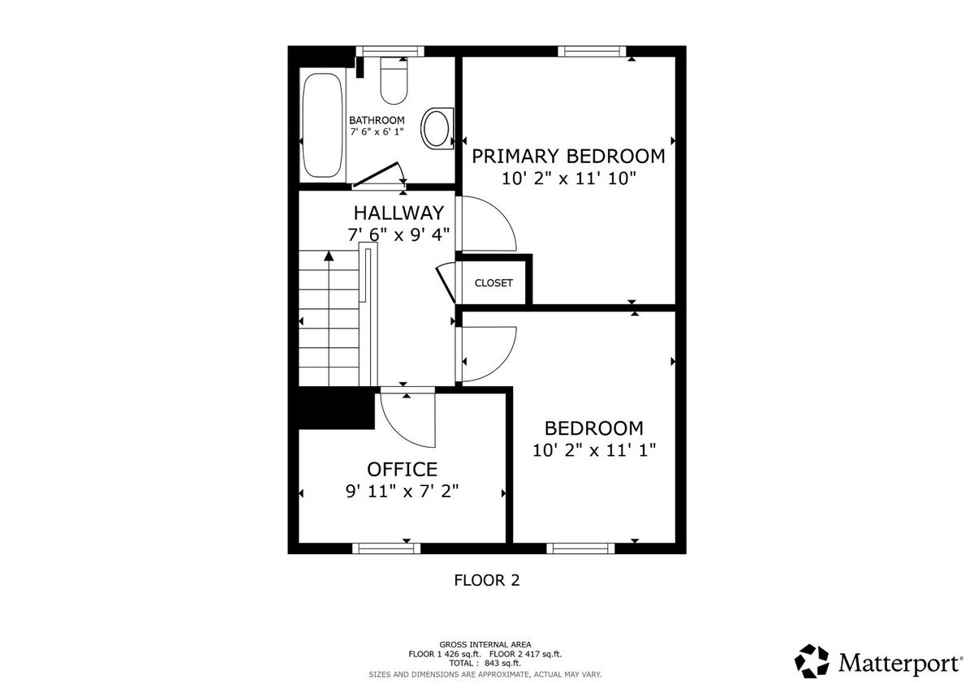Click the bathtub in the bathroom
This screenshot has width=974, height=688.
321,126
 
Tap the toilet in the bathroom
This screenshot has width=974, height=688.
394,81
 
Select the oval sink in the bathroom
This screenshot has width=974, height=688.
437,129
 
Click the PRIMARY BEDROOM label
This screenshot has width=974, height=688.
568,157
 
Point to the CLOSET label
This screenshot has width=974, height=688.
493,283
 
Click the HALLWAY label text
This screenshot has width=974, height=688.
399,213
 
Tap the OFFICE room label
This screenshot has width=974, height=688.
403,470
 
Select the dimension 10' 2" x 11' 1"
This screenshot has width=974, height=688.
594,450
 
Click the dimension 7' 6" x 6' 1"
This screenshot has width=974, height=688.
377,131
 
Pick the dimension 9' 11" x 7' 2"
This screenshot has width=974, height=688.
403,492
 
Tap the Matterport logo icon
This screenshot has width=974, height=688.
812,661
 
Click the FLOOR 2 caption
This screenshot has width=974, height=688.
487,580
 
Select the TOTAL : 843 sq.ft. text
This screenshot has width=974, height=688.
485,663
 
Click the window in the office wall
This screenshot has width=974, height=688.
386,548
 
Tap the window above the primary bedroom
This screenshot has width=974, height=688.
592,51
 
